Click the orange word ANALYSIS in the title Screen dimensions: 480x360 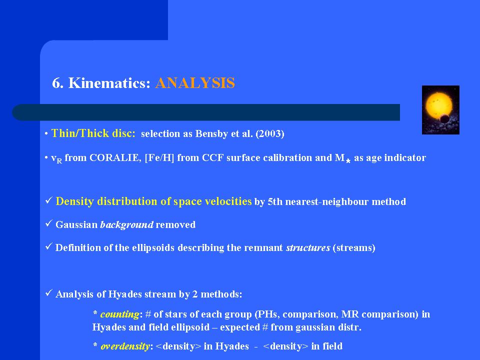coord(195,83)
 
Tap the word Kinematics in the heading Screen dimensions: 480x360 coord(109,83)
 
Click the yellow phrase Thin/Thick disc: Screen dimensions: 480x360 coord(93,133)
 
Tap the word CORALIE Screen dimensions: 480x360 coord(115,157)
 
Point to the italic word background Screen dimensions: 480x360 coord(126,224)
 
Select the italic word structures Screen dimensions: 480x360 coord(308,247)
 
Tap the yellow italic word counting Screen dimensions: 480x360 coord(119,314)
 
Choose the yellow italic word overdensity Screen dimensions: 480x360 coord(125,346)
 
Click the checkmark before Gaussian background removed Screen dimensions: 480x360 coord(48,223)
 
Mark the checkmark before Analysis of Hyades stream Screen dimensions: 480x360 coord(48,293)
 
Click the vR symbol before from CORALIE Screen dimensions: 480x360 coord(56,158)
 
